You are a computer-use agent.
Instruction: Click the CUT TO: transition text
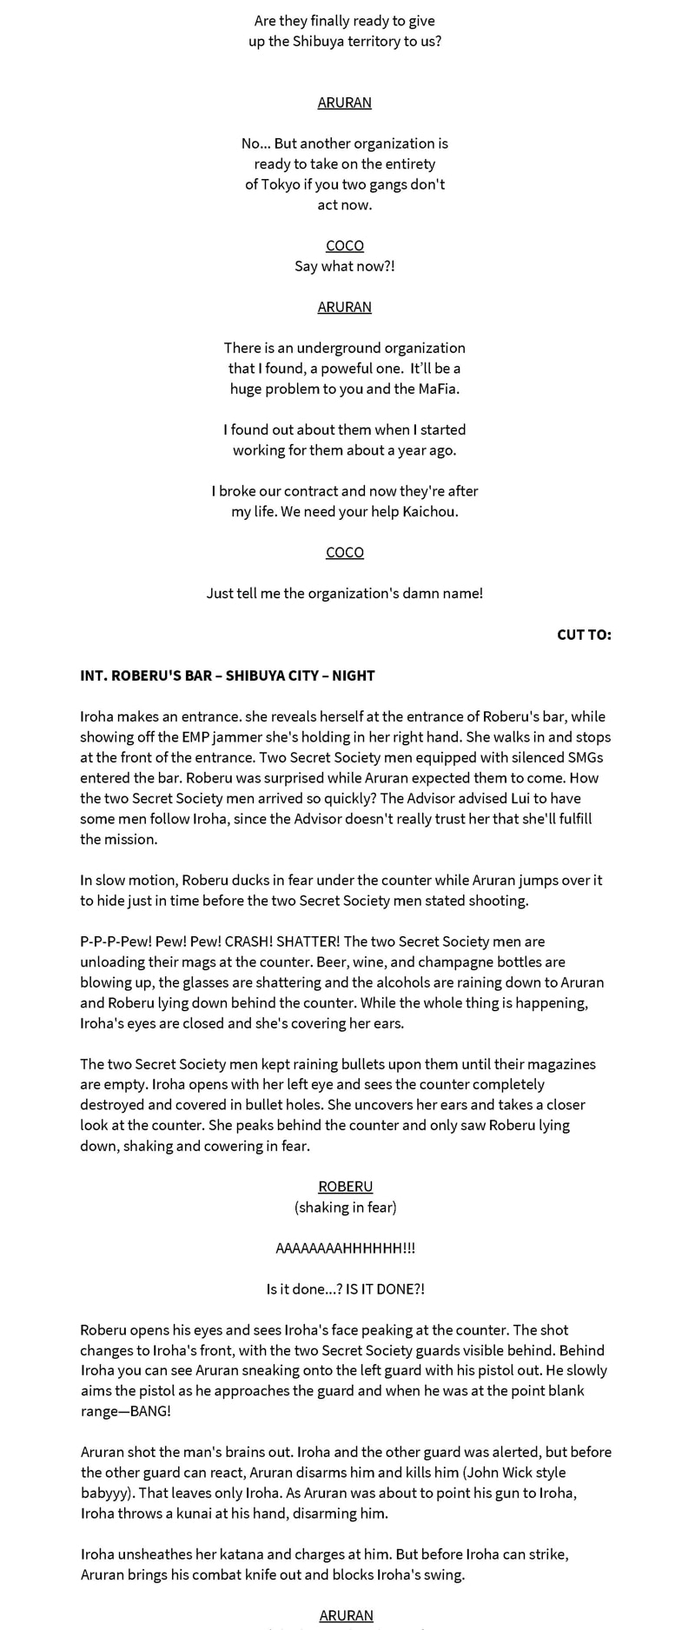coord(584,635)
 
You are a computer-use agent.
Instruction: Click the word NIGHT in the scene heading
coord(354,675)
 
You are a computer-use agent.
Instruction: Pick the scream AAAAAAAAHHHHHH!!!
coord(345,1248)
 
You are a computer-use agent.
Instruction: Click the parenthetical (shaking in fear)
coord(345,1207)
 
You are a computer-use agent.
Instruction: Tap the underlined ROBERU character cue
coord(345,1187)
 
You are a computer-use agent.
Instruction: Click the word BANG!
coord(151,1411)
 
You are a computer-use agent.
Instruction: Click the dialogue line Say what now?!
coord(345,266)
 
